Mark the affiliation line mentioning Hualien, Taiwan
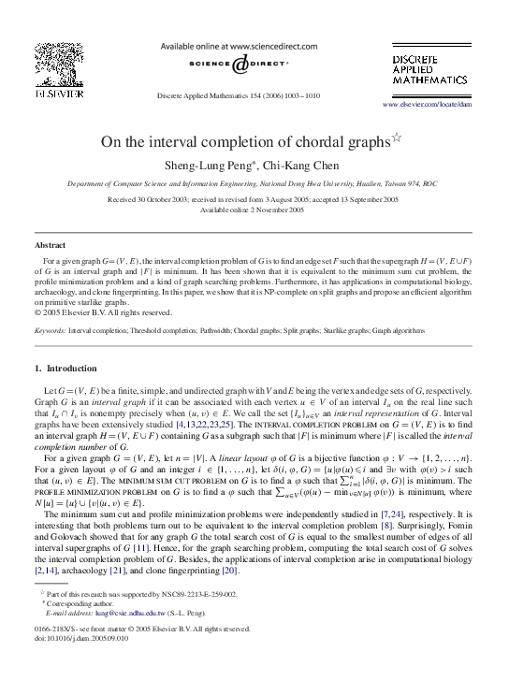pos(253,185)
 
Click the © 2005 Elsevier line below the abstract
pos(103,312)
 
